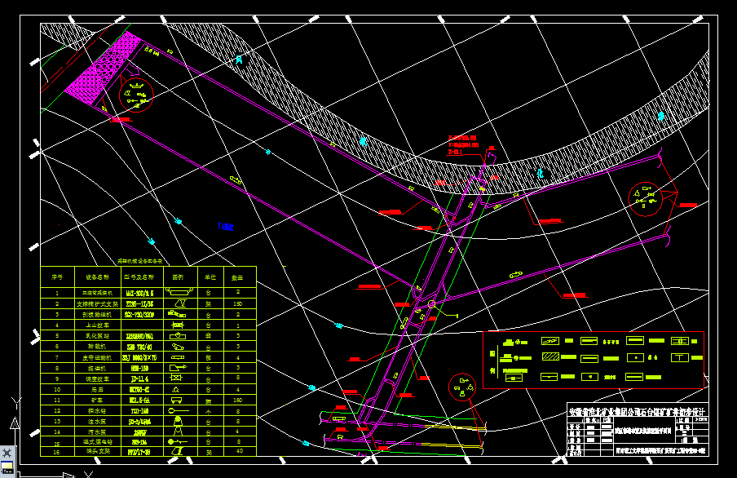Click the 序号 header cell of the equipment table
tap(57, 277)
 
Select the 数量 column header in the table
tap(237, 277)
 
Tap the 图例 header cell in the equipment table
tap(179, 277)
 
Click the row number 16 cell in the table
tap(57, 451)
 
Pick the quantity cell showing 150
tap(237, 303)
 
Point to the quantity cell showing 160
tap(237, 401)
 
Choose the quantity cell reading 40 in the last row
tap(237, 451)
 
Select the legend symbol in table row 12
tap(179, 401)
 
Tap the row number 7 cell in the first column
tap(57, 346)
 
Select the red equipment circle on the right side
tap(647, 197)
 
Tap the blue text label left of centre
tap(226, 226)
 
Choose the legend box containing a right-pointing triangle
tap(634, 357)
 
